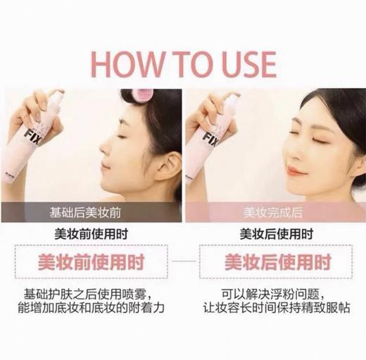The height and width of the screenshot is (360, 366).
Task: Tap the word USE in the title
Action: [241, 63]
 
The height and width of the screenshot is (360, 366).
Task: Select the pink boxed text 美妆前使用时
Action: [91, 263]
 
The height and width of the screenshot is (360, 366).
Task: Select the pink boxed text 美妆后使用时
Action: [275, 263]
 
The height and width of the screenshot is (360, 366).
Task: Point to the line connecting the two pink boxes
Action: [183, 263]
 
